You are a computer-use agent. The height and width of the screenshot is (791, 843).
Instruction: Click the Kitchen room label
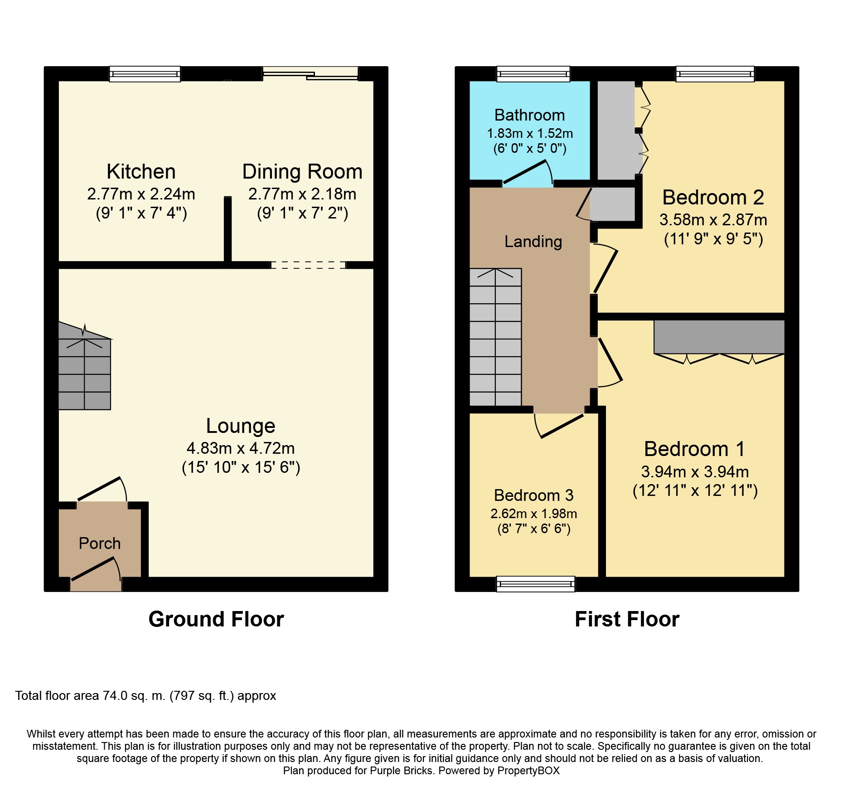(x=141, y=172)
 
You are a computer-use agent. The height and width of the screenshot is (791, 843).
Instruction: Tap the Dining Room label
(x=302, y=172)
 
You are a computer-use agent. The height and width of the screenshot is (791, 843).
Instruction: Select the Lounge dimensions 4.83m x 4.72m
(x=241, y=448)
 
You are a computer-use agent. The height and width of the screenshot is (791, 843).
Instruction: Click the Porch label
(x=100, y=543)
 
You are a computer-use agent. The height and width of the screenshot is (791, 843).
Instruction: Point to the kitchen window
(x=145, y=74)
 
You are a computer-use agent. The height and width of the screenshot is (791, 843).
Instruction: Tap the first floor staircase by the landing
(x=495, y=337)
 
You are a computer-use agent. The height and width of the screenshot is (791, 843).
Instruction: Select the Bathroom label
(x=529, y=115)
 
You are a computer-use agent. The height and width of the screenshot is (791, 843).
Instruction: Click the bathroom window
(x=533, y=74)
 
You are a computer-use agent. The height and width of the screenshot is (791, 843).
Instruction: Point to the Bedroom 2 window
(x=715, y=74)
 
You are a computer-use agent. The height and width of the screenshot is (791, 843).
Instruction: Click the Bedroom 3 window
(x=536, y=584)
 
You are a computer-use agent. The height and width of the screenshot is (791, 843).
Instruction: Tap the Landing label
(x=533, y=242)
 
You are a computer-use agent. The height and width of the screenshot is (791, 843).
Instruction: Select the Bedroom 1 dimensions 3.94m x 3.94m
(x=695, y=472)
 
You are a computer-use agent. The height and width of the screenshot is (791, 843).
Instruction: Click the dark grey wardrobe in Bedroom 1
(x=719, y=337)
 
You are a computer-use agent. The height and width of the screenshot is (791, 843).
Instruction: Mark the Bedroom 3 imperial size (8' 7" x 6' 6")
(x=534, y=529)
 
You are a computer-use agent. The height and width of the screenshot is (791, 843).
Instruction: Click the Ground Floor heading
(x=216, y=619)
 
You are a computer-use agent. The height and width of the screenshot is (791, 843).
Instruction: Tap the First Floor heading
(x=627, y=619)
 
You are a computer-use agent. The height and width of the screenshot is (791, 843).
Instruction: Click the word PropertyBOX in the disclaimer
(x=528, y=771)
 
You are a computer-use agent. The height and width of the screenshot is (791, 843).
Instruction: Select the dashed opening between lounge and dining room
(x=308, y=265)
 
